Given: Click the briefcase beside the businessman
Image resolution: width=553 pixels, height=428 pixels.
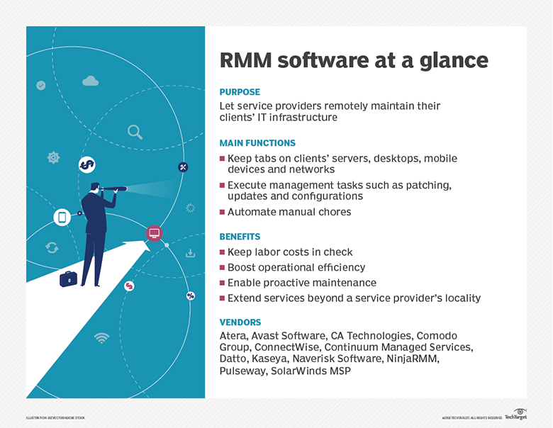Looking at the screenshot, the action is pos(69,278).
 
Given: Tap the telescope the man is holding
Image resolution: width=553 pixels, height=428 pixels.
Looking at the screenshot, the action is pos(113,188).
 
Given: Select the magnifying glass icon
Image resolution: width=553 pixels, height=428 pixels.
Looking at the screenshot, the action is pos(134,131).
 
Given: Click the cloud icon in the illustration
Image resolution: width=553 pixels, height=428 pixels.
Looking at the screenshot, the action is pos(90,81).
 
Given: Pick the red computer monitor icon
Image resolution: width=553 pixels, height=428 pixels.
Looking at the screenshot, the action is pos(154,233).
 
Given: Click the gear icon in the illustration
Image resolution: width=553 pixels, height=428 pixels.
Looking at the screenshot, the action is pos(53,157).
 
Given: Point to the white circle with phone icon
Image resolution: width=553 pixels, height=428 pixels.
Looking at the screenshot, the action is pos(62,218).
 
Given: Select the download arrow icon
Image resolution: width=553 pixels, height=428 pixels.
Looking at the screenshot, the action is pos(190,253).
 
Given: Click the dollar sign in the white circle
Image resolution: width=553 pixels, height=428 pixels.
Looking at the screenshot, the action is pos(86,165).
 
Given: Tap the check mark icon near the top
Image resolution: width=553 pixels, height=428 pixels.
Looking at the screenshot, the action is pos(41,85).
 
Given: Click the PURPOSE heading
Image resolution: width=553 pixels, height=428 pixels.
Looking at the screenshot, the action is pos(240,92).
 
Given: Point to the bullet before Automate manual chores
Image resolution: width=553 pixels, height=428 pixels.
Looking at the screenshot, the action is pos(223,212).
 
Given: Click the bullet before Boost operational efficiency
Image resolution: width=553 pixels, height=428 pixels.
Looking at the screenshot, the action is pos(223,268).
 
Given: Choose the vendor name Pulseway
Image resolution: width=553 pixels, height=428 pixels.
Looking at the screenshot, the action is pos(243,372).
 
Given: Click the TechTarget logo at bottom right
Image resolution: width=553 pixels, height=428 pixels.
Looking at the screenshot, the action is pos(515,415).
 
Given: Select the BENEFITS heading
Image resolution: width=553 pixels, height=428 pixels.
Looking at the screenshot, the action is pos(240,237).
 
